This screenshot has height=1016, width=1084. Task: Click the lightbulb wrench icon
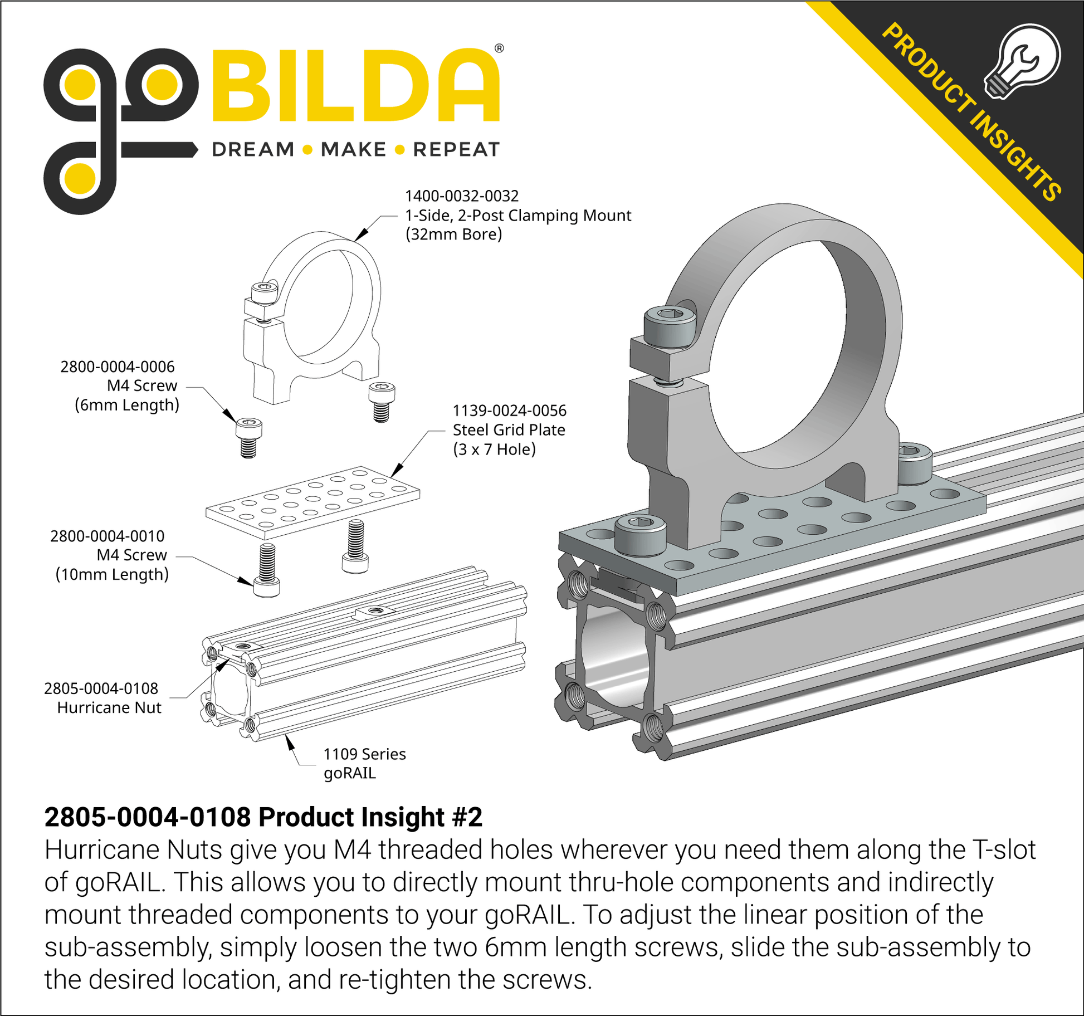point(1022,61)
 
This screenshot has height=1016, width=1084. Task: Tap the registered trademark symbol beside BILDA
point(499,48)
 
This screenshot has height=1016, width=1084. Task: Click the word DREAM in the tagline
point(253,149)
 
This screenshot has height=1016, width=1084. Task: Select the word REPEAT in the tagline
point(456,149)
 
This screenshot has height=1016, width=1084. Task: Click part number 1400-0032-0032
point(462,196)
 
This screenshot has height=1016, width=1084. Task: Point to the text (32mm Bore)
point(454,235)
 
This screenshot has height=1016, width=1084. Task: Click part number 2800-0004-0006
point(118,367)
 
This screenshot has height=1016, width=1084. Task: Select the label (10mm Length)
point(112,574)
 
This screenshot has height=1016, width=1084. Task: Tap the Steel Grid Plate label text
point(509,430)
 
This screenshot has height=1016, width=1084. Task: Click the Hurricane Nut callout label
point(109,707)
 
